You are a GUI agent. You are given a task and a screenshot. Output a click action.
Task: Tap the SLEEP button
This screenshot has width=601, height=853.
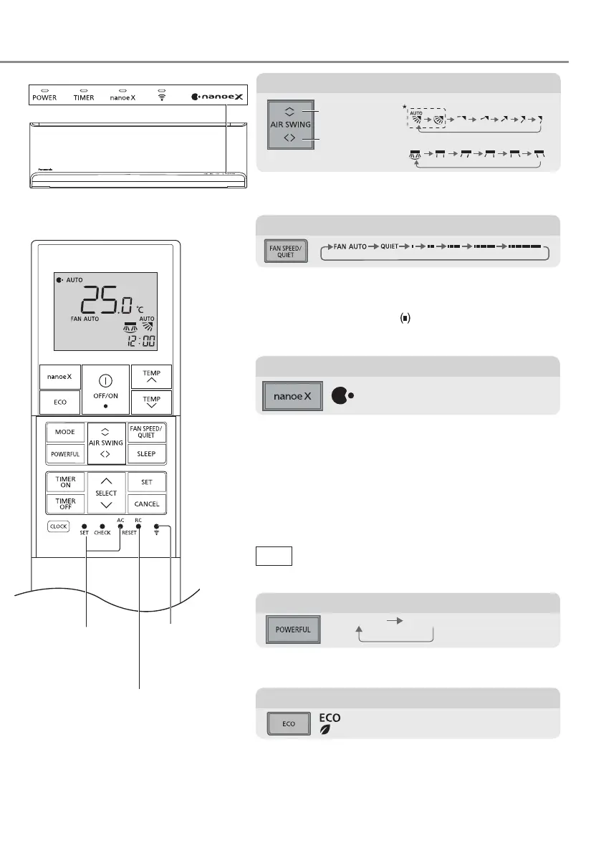(146, 454)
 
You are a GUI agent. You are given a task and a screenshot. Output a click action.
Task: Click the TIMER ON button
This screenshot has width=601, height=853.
(65, 482)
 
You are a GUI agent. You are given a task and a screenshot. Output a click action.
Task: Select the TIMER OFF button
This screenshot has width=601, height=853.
(65, 503)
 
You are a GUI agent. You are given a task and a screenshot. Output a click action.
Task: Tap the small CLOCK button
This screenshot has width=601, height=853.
(58, 526)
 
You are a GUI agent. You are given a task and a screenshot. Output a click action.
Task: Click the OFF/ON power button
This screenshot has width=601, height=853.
(105, 390)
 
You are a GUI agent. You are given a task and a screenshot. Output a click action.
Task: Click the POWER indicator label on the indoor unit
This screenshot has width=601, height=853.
(44, 97)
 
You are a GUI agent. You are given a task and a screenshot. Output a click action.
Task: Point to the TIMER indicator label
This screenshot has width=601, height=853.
(84, 97)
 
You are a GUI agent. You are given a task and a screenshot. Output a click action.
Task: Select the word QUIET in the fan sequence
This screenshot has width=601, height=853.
(390, 246)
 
